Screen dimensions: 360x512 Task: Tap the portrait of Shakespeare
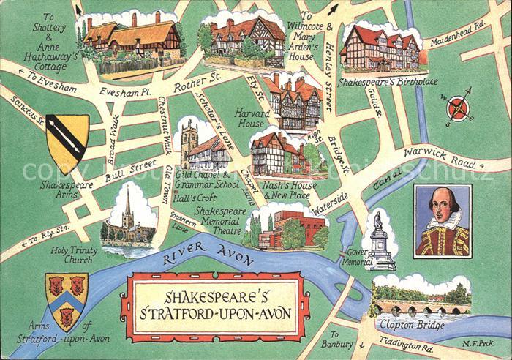pyautogui.click(x=443, y=221)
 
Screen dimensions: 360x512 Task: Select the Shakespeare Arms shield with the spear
pyautogui.click(x=67, y=142)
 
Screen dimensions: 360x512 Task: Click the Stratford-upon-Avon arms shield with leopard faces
pyautogui.click(x=67, y=299)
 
